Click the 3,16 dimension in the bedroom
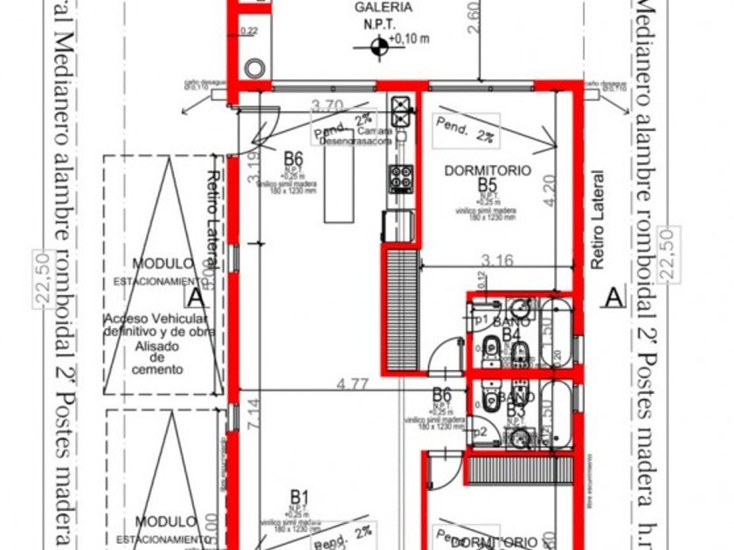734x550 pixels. [496, 259]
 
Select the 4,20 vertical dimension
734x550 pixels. [548, 191]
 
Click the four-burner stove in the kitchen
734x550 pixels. [401, 178]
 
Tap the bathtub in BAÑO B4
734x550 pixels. [556, 333]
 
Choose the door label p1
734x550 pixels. [480, 320]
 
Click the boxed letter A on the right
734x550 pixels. [614, 297]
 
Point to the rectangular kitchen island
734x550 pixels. [334, 184]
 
